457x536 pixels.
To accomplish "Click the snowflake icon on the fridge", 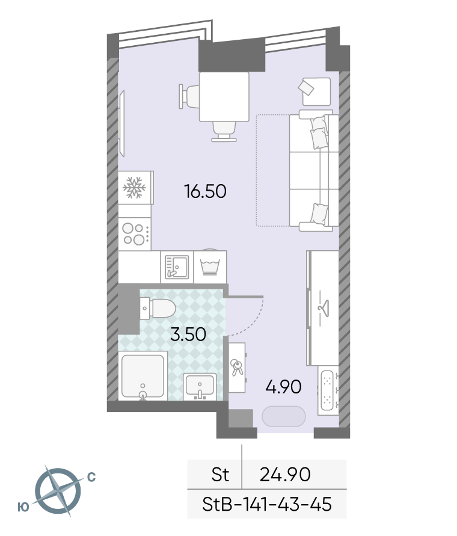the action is pyautogui.click(x=134, y=187).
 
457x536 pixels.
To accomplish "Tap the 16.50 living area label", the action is pyautogui.click(x=205, y=191).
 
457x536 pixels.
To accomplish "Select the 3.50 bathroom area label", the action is pyautogui.click(x=188, y=334).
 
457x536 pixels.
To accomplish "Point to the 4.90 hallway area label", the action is pyautogui.click(x=283, y=387).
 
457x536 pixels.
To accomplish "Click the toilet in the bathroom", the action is pyautogui.click(x=158, y=308).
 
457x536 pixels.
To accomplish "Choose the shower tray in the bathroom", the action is pyautogui.click(x=143, y=375).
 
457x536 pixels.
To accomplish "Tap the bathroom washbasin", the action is pyautogui.click(x=200, y=387).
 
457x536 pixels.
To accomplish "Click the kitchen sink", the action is pyautogui.click(x=177, y=267).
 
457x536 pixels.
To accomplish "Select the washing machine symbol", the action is pyautogui.click(x=210, y=266).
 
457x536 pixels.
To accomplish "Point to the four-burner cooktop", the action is pyautogui.click(x=135, y=234).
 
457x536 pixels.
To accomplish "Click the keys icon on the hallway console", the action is pyautogui.click(x=236, y=367).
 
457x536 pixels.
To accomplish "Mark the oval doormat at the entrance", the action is pyautogui.click(x=283, y=416).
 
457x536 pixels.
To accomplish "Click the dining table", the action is pyautogui.click(x=224, y=97).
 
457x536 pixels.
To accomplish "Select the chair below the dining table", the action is pyautogui.click(x=224, y=132).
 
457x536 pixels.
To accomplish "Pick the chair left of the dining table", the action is pyautogui.click(x=189, y=96).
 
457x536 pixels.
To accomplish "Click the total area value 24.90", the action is pyautogui.click(x=285, y=475).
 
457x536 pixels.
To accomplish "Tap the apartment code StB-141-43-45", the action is pyautogui.click(x=267, y=504).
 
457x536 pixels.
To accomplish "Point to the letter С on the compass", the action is pyautogui.click(x=91, y=477).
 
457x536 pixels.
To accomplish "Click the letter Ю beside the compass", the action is pyautogui.click(x=23, y=507).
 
